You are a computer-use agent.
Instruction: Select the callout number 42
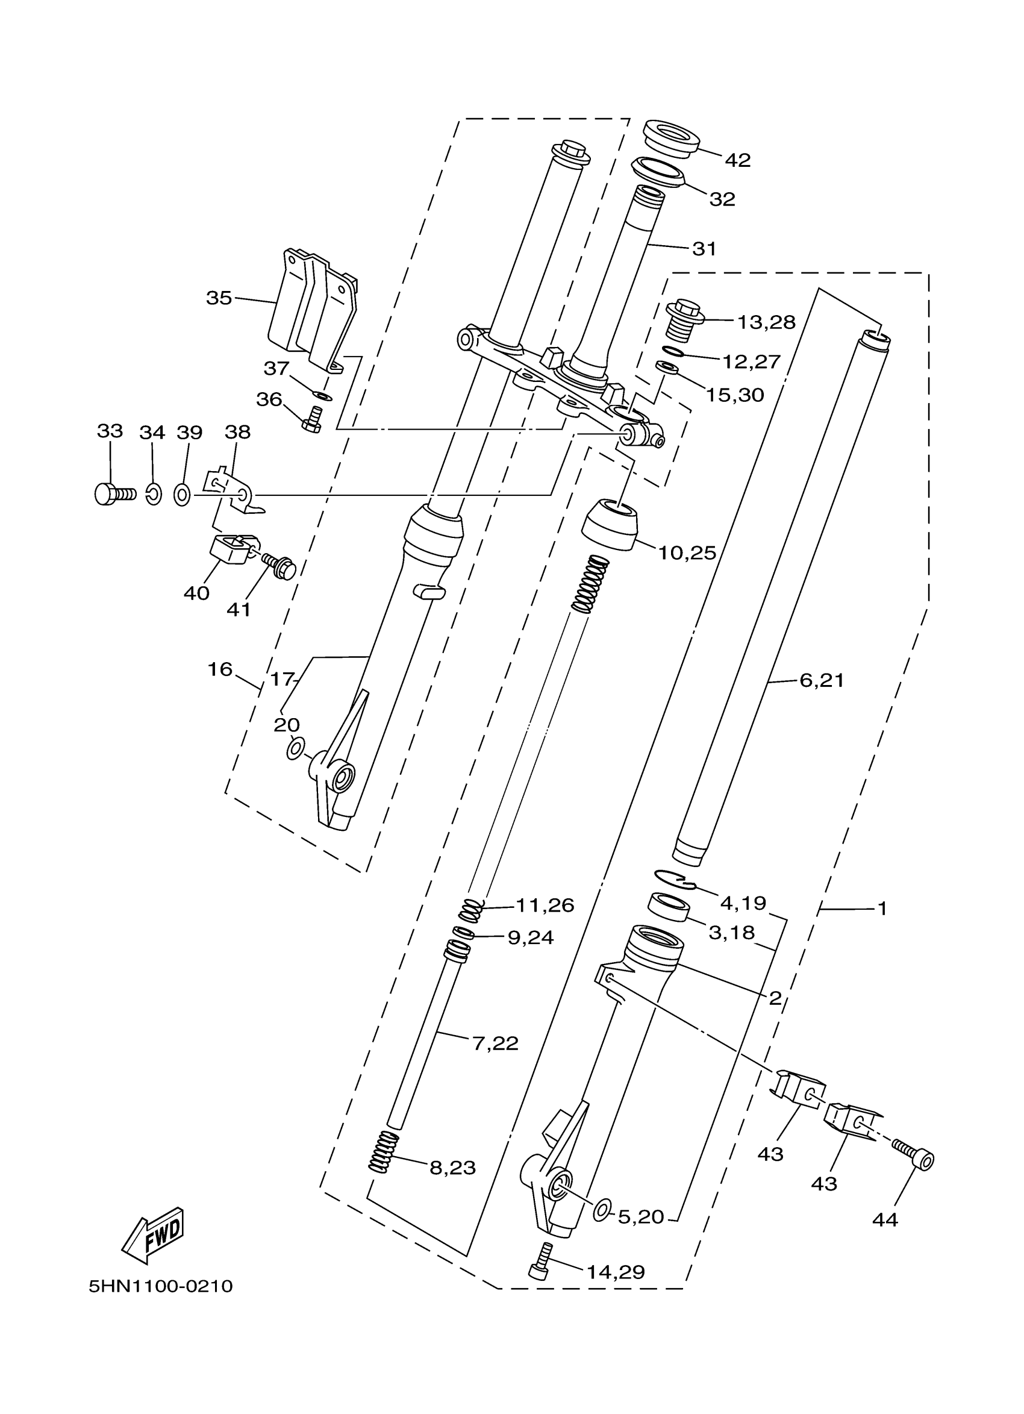click(x=738, y=160)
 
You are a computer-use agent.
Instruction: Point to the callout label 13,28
click(x=766, y=322)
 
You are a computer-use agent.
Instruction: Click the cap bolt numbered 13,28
click(x=685, y=318)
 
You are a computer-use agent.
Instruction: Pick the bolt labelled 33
click(x=114, y=494)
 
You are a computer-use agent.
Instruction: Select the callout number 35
click(x=219, y=298)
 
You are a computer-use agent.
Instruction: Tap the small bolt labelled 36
click(x=312, y=419)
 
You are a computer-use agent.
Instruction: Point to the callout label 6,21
click(x=822, y=680)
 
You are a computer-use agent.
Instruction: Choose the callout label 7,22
click(x=496, y=1043)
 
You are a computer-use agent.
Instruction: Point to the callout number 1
click(x=882, y=909)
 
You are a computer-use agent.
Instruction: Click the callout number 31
click(x=704, y=248)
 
